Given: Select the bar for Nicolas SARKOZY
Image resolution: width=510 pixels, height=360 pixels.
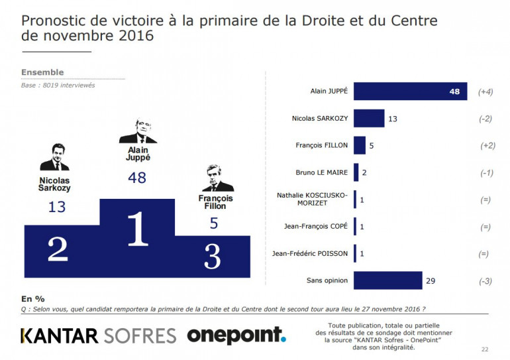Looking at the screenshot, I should (369, 119).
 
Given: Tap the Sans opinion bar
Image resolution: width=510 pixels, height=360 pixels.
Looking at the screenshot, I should (387, 280).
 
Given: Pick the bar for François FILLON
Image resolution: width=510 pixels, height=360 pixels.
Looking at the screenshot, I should (360, 145).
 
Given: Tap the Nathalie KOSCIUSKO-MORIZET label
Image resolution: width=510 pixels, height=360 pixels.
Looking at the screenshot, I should (313, 200).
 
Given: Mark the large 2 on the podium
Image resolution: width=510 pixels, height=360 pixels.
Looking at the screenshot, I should (58, 249).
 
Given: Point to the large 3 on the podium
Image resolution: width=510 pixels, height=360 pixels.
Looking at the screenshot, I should (212, 255).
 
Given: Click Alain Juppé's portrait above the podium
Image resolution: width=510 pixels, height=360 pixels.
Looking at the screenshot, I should (137, 131).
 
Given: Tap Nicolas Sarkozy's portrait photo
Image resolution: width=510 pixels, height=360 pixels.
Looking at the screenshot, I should (55, 157).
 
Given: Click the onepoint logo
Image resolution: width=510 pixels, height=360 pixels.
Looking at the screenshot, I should (236, 335).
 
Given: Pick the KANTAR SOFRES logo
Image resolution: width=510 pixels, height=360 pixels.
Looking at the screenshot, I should (99, 335).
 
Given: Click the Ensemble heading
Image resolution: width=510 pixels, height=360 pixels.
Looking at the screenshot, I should (42, 72).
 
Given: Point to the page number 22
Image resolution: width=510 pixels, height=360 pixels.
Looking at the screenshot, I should (485, 349).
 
